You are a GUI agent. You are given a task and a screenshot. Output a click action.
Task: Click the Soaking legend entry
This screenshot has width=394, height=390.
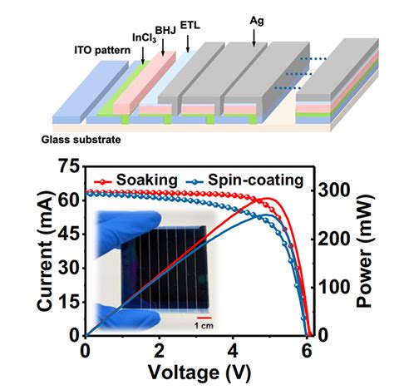135,180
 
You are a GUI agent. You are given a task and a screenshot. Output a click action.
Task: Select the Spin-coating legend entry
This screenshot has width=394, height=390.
245,180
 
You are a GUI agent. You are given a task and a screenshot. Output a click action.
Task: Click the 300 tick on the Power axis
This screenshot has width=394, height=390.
332,191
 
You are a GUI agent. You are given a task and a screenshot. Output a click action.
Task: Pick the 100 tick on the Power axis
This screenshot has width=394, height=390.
332,288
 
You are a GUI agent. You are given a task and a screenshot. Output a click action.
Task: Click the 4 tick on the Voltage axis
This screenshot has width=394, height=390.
233,352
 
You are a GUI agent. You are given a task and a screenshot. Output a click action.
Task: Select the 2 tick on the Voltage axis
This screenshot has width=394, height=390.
160,352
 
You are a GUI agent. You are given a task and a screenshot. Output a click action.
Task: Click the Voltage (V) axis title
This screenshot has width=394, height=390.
199,373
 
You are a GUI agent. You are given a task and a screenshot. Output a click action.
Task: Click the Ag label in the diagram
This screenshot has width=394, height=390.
257,22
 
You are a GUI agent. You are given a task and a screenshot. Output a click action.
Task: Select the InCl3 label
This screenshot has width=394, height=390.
144,38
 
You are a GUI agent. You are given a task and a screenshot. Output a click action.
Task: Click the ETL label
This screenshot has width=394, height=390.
190,26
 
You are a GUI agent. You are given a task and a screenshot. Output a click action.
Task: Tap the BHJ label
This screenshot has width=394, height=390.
165,30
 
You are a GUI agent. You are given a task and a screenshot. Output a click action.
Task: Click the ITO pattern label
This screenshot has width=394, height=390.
102,51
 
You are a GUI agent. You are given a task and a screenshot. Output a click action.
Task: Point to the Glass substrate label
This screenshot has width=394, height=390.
81,140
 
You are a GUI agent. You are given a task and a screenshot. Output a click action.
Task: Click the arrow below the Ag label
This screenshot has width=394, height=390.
254,37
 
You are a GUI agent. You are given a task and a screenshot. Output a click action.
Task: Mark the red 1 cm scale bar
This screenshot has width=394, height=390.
204,318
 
